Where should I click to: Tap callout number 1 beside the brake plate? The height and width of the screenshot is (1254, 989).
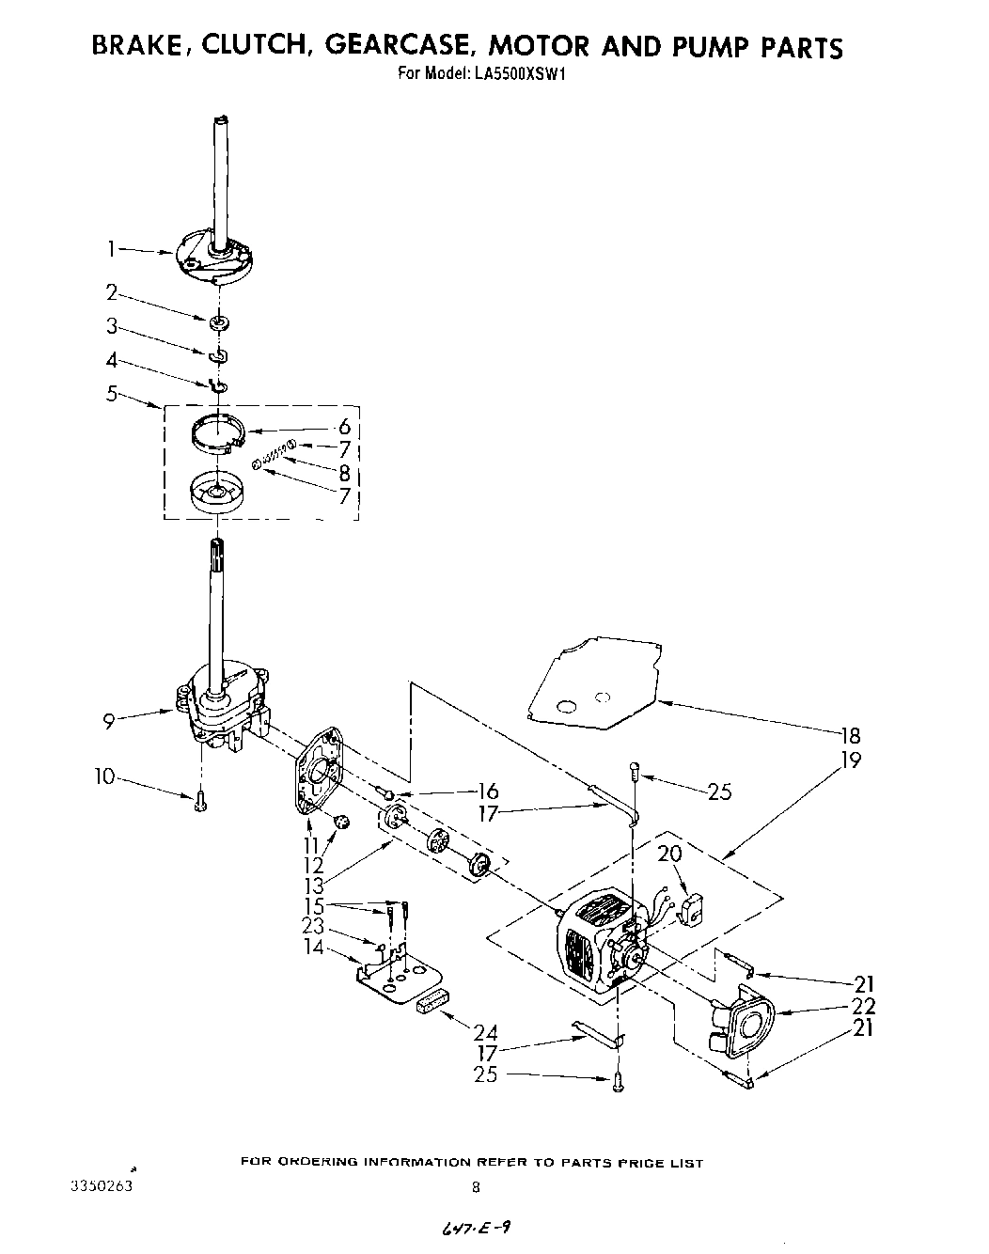coord(110,249)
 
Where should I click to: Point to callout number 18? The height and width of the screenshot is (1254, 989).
coord(849,735)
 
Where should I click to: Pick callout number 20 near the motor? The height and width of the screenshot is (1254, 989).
coord(668,854)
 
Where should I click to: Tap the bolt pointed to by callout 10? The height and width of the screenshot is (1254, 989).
coord(199,801)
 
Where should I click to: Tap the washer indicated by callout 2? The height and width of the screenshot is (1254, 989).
coord(220,324)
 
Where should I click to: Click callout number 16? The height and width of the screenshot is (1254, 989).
coord(488,792)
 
